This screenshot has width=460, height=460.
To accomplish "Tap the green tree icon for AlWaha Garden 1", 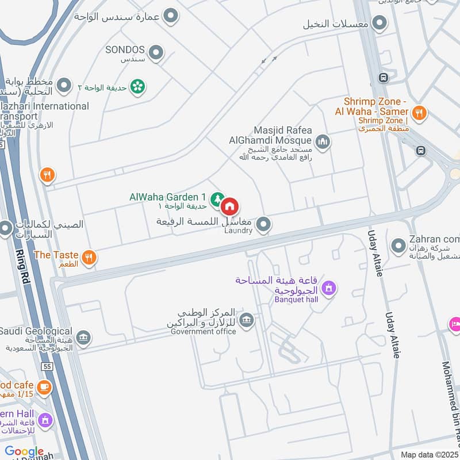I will (217, 200).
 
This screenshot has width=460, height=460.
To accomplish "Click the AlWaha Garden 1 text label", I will (168, 197).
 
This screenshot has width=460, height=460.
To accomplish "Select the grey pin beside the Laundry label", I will (263, 224).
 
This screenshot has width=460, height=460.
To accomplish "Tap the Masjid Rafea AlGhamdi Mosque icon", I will (323, 140).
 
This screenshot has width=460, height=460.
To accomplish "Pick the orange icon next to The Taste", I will (88, 257).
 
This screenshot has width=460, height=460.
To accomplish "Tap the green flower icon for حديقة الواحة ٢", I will (137, 87).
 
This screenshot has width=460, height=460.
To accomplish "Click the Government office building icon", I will (246, 320).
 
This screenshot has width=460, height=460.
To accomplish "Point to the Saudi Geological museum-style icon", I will (83, 337).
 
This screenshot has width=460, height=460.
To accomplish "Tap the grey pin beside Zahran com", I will (398, 246).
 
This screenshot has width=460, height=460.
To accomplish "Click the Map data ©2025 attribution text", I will (430, 455).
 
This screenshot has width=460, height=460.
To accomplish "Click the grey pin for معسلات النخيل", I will (379, 24).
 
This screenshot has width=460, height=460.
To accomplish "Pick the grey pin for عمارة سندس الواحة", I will (170, 16).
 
